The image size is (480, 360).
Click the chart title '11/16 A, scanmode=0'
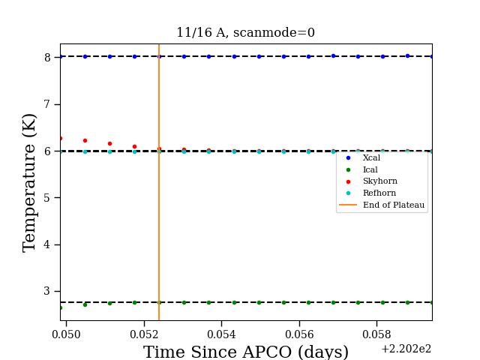pos(245,32)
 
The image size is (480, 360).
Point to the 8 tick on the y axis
pos(47,58)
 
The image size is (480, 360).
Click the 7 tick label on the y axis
pos(47,104)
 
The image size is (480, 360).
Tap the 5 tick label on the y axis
pos(47,198)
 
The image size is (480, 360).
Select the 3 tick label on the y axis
pos(47,291)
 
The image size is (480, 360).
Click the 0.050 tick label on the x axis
pos(66,334)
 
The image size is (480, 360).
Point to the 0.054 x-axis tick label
pos(221,334)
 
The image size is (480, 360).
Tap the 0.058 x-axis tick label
pos(376,334)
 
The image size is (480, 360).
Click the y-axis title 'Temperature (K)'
pos(29,183)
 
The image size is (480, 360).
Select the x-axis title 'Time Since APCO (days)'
pos(246,352)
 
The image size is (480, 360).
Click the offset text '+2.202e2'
pos(406,349)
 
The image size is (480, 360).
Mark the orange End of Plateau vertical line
pos(159,182)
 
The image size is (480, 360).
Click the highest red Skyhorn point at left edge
pos(61,138)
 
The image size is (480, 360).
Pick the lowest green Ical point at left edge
pos(61,307)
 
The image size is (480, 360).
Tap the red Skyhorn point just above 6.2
pos(85,140)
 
